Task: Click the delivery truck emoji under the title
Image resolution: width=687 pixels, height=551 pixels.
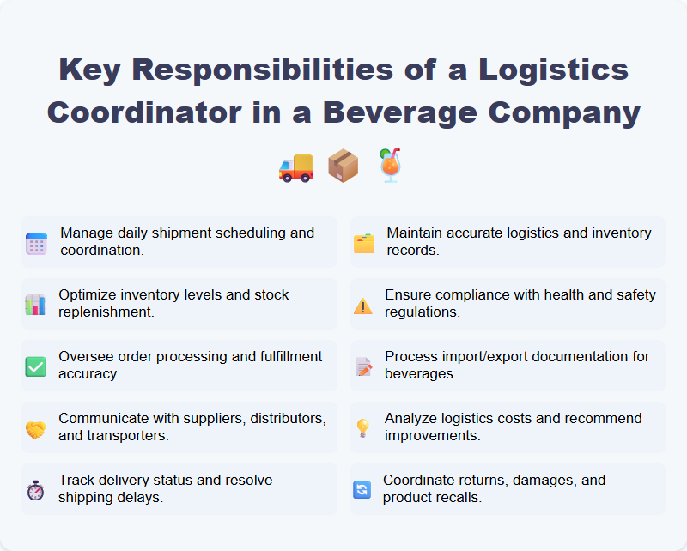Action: click(x=296, y=166)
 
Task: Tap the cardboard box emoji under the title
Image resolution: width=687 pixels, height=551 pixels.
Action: click(x=343, y=166)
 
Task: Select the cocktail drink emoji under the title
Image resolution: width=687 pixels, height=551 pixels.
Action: click(x=391, y=166)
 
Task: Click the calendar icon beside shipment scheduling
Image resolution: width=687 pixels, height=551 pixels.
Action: click(x=36, y=243)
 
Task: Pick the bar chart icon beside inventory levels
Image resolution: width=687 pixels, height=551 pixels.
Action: click(x=35, y=305)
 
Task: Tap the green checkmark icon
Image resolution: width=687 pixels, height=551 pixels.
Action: click(x=35, y=366)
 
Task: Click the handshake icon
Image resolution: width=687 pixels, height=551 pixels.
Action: click(x=35, y=428)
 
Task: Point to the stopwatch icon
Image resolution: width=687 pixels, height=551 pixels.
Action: click(x=35, y=490)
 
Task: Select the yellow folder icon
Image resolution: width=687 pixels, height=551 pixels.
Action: click(x=364, y=243)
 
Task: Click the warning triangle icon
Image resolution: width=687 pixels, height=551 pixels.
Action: click(x=363, y=305)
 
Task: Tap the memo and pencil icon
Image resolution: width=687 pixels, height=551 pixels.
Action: click(x=363, y=366)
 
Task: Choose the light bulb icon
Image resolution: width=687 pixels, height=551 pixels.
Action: click(x=363, y=428)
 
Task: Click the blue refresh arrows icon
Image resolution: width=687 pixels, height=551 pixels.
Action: click(x=362, y=490)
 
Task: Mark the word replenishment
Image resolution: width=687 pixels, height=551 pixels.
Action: click(x=106, y=312)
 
